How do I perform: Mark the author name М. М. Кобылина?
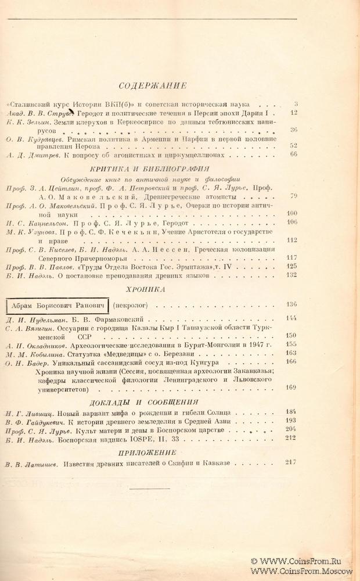(32, 353)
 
